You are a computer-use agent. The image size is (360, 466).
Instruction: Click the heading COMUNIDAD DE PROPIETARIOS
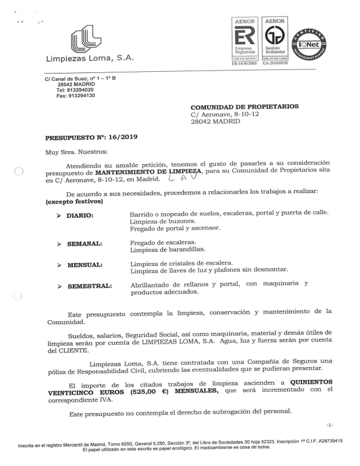pos(245,106)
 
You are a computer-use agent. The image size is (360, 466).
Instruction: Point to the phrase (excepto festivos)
pos(74,202)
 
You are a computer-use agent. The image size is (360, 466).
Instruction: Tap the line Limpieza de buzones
pos(158,221)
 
